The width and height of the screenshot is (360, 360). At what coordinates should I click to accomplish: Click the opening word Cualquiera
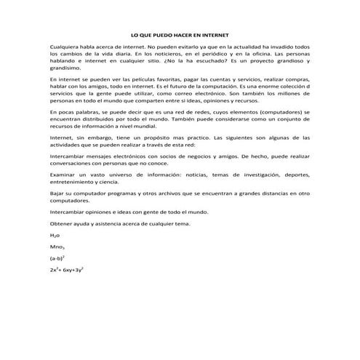[64, 46]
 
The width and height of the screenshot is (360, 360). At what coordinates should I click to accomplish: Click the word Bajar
[57, 193]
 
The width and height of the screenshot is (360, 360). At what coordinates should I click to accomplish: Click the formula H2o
[55, 236]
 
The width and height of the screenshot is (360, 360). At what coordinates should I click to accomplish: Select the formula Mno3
[57, 247]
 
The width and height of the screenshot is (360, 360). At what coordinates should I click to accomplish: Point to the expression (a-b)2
[57, 257]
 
